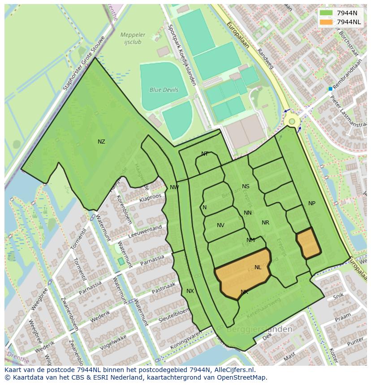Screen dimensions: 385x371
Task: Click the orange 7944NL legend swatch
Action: pos(326,22)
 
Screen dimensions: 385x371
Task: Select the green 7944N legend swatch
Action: pos(326,13)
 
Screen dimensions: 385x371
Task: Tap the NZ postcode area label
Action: pos(101,142)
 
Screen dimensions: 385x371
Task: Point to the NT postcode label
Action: pos(205,154)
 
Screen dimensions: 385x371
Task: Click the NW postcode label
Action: pos(174,187)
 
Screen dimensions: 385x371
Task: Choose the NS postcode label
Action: pos(246,186)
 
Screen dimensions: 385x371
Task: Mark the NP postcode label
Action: pos(312,203)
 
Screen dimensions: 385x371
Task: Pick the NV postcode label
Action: pos(220,225)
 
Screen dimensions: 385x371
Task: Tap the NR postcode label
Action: pos(265,223)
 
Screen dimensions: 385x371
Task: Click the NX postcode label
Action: pos(190,291)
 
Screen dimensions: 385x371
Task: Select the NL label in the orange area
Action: pos(258,267)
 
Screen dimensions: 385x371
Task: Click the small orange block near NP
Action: pos(308,243)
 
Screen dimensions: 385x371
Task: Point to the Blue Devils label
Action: pos(164,90)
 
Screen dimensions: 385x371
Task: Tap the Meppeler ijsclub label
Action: pos(133,38)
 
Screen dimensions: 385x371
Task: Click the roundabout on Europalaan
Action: pos(292,121)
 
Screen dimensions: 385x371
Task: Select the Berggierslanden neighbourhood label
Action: pos(259,330)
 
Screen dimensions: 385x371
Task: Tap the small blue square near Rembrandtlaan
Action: pos(331,89)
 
